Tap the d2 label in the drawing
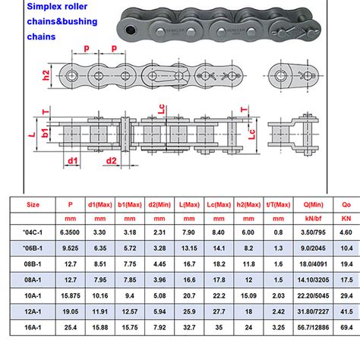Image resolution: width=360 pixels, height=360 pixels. [x=111, y=160]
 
